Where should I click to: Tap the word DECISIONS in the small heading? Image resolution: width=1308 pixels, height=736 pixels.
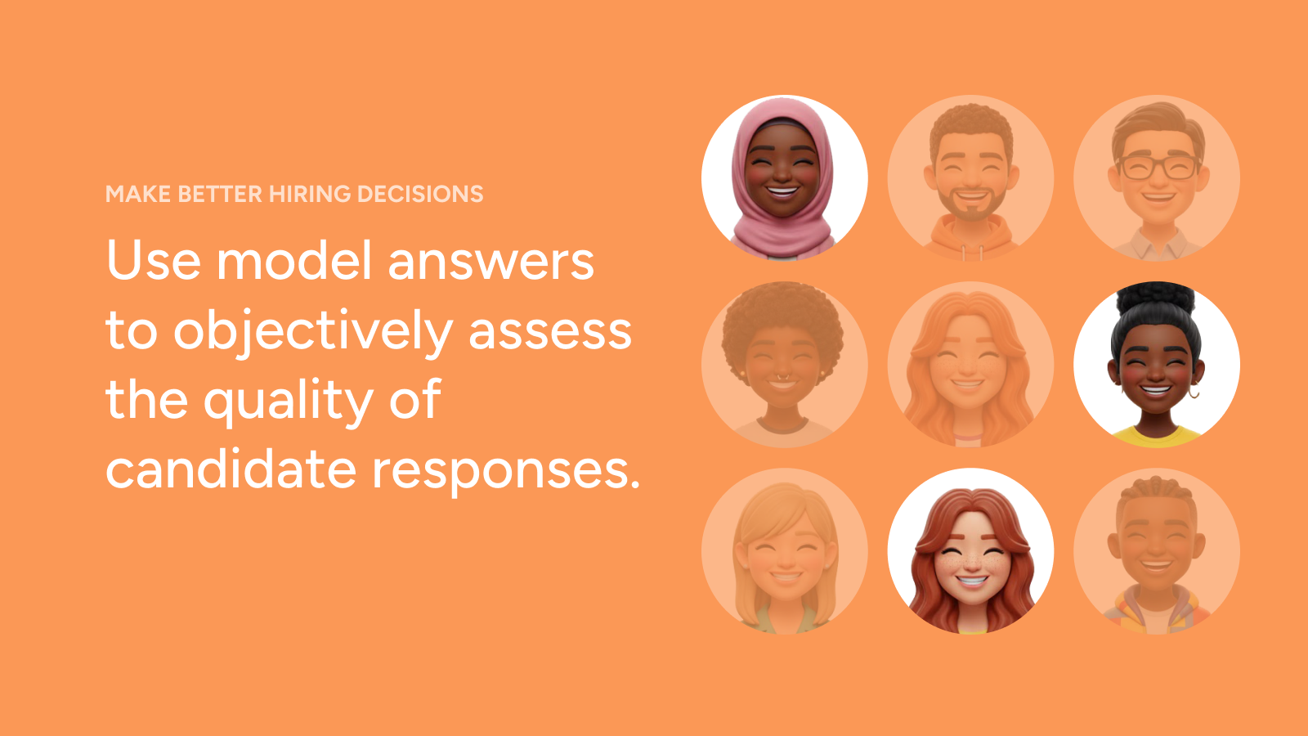tap(420, 194)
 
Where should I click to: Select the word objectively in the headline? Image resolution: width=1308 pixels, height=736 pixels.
tap(313, 332)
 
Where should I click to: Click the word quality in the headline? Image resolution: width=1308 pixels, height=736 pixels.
tap(288, 401)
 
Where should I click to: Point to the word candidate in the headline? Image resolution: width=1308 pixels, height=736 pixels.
tap(231, 469)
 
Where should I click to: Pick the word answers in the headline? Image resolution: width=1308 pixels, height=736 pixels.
tap(491, 262)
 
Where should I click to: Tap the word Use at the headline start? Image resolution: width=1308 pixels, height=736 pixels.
tap(154, 260)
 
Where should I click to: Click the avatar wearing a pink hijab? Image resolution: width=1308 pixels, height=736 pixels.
tap(784, 177)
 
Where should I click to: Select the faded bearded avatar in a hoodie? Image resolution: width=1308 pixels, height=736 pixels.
tap(970, 177)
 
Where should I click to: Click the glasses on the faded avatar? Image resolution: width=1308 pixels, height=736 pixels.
tap(1158, 167)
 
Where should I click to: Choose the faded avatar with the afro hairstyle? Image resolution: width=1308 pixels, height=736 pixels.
tap(784, 365)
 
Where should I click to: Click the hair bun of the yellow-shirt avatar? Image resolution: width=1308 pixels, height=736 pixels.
tap(1156, 298)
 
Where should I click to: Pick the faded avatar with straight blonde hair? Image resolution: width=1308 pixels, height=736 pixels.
tap(784, 551)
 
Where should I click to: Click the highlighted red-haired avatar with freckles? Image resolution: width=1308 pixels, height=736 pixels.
tap(970, 551)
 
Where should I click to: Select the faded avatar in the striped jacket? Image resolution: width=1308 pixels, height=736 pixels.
tap(1157, 551)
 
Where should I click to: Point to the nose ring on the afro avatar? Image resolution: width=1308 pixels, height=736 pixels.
tap(782, 377)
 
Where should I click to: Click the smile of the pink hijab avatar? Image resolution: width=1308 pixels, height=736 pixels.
tap(782, 191)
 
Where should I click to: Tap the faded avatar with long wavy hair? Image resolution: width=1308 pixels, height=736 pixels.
tap(970, 365)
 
